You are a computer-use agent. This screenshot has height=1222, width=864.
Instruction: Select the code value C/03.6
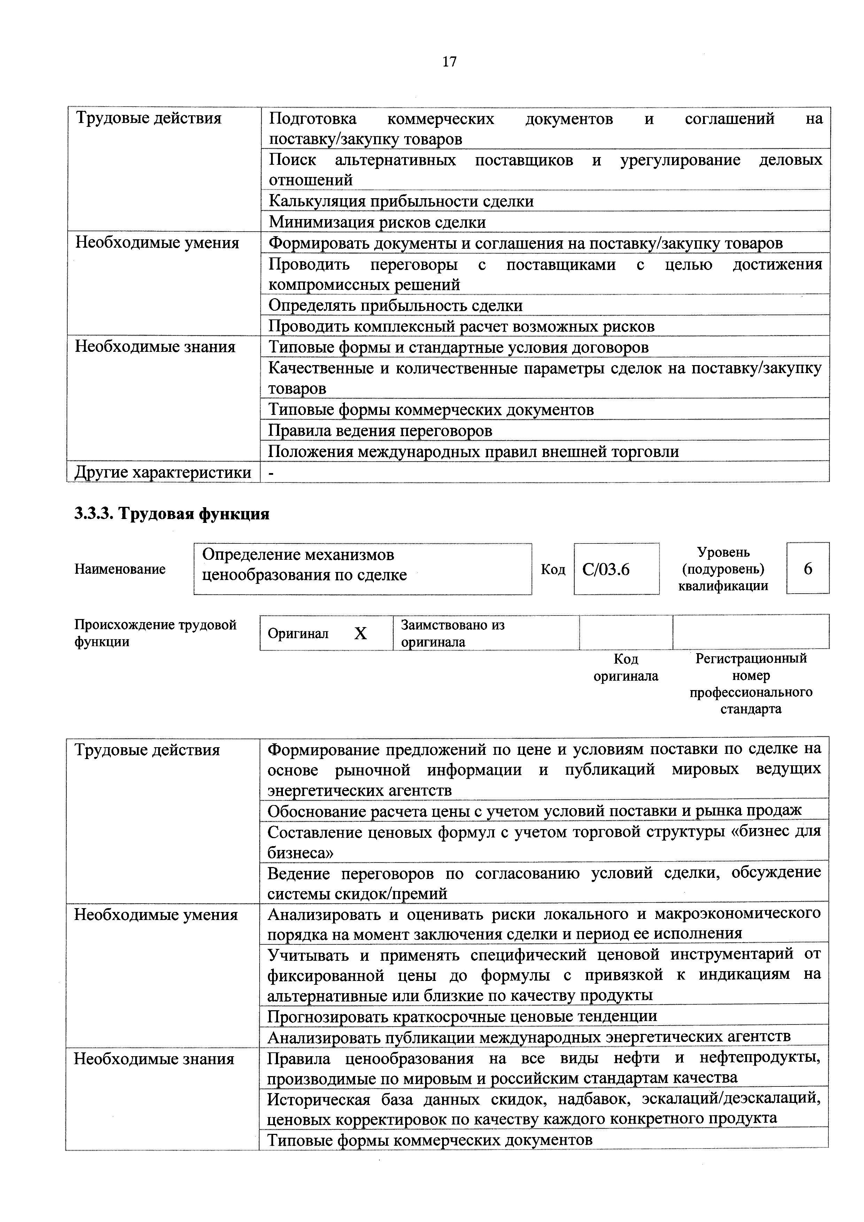tap(606, 570)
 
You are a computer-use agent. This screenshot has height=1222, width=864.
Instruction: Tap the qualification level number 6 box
tap(808, 569)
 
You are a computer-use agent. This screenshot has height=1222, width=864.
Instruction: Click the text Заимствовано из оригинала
tap(453, 633)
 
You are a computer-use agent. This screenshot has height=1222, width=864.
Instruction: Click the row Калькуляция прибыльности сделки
tap(401, 201)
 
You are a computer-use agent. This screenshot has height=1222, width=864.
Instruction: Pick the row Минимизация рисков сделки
tap(377, 222)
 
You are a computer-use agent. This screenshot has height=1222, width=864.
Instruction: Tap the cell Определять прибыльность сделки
tap(395, 305)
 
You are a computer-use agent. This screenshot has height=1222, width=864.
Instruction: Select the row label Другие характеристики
tap(163, 472)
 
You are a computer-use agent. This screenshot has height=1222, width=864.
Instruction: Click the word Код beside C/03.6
tap(553, 570)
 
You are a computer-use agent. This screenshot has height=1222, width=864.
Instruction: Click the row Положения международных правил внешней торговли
tap(473, 451)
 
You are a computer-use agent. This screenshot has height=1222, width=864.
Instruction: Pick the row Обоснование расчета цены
tap(534, 811)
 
